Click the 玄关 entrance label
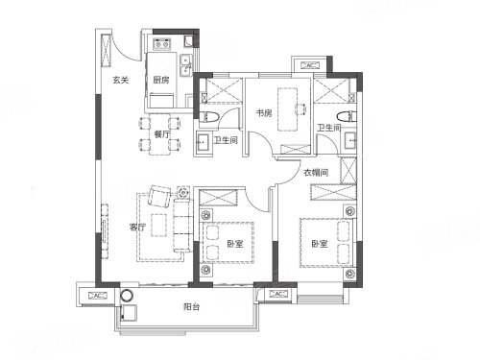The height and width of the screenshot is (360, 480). tap(121, 80)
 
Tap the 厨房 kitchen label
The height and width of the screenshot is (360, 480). tap(161, 80)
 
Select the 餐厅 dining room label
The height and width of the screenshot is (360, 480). tap(162, 134)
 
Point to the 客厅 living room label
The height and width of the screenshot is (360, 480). tap(137, 228)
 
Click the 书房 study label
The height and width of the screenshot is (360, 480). tap(264, 113)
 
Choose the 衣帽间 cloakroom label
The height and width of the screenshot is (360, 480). tap(316, 173)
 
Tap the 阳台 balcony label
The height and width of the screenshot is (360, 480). tap(192, 307)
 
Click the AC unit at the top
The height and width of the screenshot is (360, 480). tap(309, 65)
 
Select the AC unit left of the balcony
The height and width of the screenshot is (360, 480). tap(98, 296)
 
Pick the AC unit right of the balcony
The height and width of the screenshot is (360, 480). tap(278, 294)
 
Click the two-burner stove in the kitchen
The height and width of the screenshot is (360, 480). tap(162, 43)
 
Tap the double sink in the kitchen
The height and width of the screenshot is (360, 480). tap(185, 65)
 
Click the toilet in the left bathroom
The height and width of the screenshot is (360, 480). tap(209, 117)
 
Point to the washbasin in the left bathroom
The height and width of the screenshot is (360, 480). tap(203, 141)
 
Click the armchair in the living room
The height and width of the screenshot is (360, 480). tap(159, 196)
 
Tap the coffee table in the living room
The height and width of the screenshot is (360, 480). tap(158, 225)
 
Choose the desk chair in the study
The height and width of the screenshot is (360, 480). tap(301, 109)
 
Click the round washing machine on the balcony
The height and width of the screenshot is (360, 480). tap(127, 296)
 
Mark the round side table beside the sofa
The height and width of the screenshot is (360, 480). tap(184, 193)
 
